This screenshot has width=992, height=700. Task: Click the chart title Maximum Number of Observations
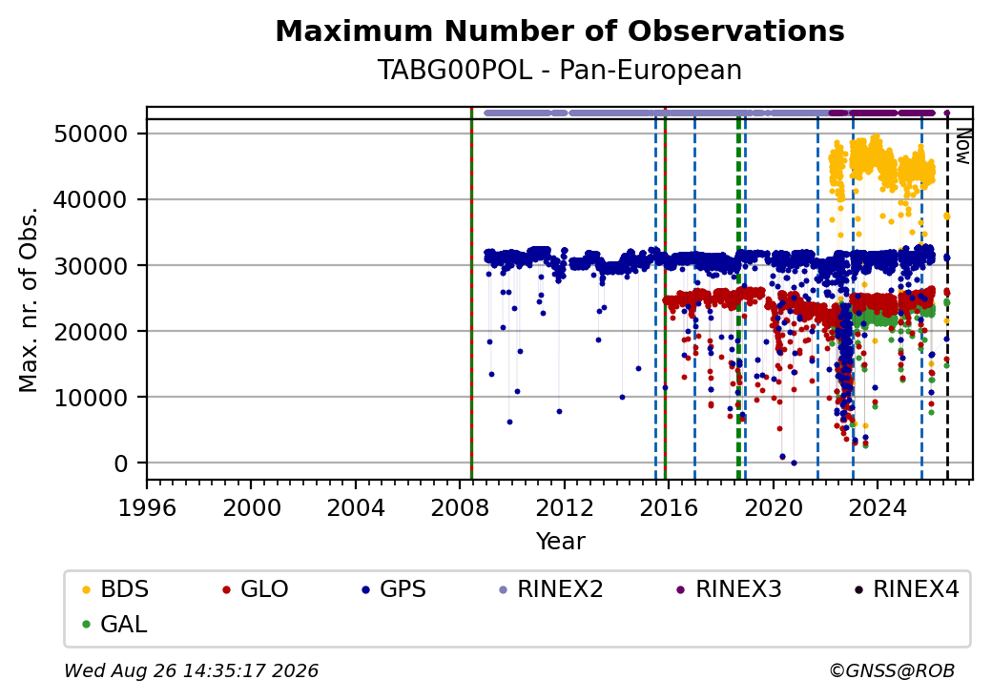560,31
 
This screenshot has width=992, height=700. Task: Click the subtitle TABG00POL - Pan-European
560,71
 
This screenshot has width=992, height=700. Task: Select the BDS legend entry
115,589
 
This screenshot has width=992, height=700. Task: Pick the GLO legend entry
256,589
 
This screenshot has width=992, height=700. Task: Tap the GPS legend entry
394,589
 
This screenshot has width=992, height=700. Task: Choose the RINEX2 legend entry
551,589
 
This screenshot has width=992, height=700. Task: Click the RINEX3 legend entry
730,589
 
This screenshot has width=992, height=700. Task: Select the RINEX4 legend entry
907,589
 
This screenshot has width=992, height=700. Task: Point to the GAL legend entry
115,624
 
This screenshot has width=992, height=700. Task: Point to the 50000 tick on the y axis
92,134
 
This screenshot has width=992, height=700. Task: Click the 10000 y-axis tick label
92,398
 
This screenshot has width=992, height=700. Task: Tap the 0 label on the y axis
121,463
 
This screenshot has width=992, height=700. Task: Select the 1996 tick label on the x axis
147,507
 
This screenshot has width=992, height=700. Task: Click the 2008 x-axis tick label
460,507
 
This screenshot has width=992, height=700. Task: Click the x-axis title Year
561,542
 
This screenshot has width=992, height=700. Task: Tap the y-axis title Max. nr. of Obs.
29,299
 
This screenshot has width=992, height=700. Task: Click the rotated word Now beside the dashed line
963,146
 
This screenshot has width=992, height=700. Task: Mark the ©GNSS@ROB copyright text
892,670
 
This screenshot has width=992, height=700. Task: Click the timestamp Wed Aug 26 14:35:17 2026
192,670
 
